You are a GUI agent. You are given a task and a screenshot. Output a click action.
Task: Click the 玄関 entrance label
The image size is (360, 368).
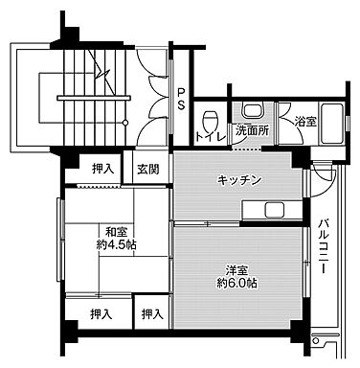click(147, 170)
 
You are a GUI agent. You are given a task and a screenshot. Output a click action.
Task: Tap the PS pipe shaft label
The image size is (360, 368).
click(180, 99)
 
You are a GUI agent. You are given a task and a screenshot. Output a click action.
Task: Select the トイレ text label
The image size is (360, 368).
click(210, 137)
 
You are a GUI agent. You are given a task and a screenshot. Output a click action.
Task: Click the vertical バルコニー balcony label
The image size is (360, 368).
click(325, 245)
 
